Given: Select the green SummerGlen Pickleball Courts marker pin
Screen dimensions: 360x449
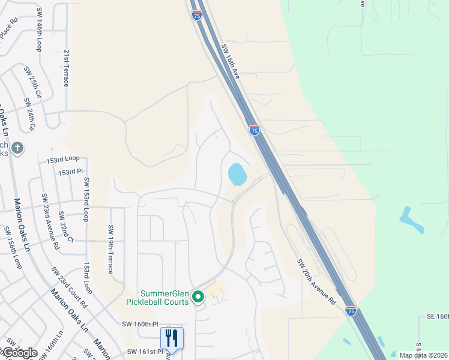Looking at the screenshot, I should [x=197, y=296].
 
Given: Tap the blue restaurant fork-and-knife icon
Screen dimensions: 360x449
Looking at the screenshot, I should [x=172, y=338].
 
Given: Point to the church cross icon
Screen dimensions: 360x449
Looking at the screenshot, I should [x=17, y=148].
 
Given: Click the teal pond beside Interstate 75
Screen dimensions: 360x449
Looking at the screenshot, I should [x=237, y=175].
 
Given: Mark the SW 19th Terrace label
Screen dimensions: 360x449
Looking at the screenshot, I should [x=110, y=249].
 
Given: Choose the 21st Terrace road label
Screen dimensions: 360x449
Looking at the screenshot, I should [x=66, y=67].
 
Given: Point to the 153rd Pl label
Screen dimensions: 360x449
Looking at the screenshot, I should [x=70, y=172].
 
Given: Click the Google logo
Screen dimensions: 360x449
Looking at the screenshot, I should [x=19, y=353].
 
